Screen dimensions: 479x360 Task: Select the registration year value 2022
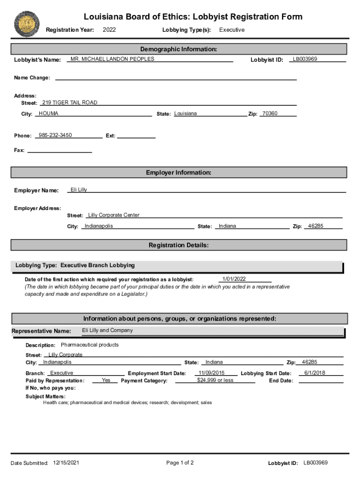click(109, 30)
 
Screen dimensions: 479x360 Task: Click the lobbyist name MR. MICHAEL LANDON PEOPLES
click(112, 59)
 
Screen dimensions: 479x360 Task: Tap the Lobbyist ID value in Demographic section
click(305, 59)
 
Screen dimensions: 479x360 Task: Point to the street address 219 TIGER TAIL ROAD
click(70, 102)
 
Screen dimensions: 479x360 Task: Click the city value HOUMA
click(49, 114)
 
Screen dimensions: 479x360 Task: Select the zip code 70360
click(270, 114)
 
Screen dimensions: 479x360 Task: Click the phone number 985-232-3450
click(55, 135)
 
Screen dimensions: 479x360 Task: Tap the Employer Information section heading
click(179, 173)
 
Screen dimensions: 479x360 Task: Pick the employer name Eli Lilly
click(79, 190)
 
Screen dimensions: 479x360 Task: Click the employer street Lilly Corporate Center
click(114, 215)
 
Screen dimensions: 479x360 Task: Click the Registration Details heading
click(179, 245)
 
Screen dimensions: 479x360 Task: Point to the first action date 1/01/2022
click(234, 279)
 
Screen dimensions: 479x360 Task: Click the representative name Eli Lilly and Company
click(108, 330)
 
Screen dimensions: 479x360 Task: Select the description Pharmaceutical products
click(90, 345)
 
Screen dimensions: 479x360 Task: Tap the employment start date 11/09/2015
click(211, 373)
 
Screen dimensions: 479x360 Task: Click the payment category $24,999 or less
click(215, 380)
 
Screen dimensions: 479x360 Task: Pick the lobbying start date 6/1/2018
click(315, 373)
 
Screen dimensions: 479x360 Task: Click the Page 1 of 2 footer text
click(180, 463)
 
